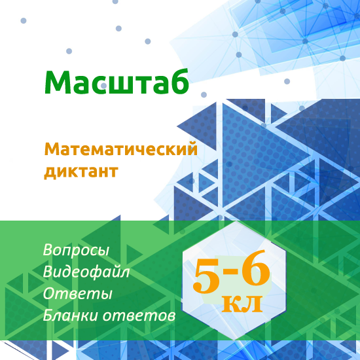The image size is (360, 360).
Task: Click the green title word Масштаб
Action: (117, 82)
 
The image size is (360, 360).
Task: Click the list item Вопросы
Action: (76, 251)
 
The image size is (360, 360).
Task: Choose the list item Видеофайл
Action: (86, 272)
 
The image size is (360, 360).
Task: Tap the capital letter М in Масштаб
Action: (58, 82)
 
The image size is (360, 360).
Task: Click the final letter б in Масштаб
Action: (179, 81)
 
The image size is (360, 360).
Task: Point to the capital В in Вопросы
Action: (48, 251)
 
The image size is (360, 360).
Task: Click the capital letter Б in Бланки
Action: (48, 315)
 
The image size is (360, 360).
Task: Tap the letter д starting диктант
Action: (50, 173)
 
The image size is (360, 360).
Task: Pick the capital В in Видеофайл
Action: (48, 272)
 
